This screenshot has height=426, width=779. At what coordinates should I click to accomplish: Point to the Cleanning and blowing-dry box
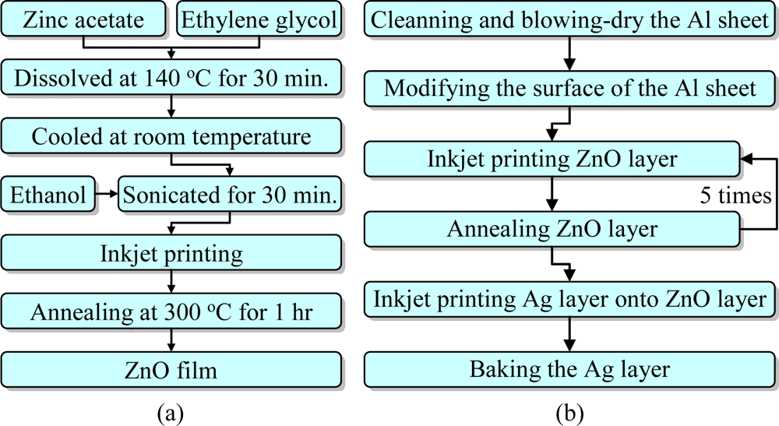570,19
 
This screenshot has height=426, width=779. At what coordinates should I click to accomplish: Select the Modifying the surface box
570,89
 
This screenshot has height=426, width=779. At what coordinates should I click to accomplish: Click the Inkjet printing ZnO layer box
551,160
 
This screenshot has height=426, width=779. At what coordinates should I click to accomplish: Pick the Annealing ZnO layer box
551,229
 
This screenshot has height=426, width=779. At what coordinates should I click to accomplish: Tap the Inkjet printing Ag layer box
570,297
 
